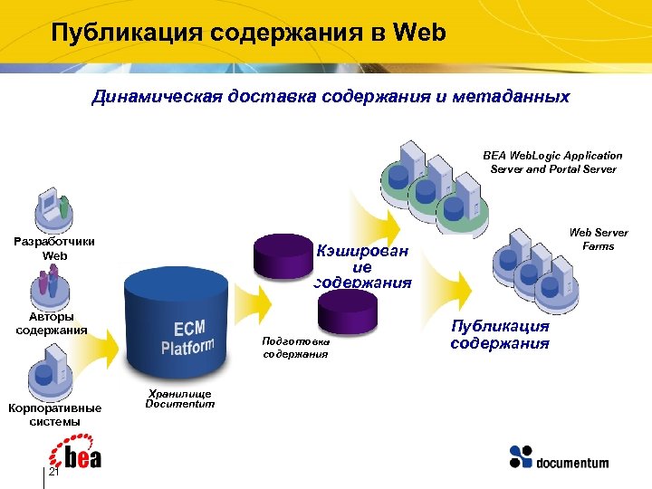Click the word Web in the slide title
pyautogui.click(x=421, y=34)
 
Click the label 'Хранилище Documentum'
pyautogui.click(x=180, y=398)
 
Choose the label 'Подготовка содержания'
pyautogui.click(x=295, y=348)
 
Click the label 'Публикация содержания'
pyautogui.click(x=500, y=334)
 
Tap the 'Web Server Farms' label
pyautogui.click(x=599, y=239)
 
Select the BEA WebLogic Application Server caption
pyautogui.click(x=552, y=162)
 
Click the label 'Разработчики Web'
pyautogui.click(x=55, y=248)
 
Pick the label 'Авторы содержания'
pyautogui.click(x=52, y=323)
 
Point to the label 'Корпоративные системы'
pyautogui.click(x=54, y=415)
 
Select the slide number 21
pyautogui.click(x=53, y=473)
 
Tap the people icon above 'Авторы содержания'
pyautogui.click(x=51, y=288)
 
